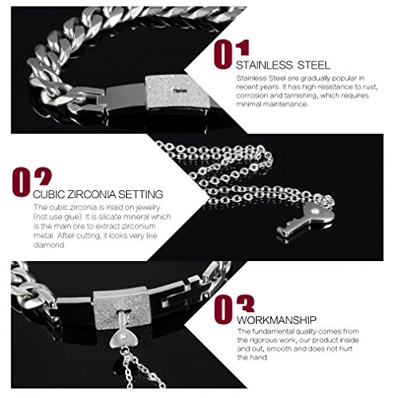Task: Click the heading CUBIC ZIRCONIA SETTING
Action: pyautogui.click(x=99, y=193)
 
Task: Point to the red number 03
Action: pyautogui.click(x=234, y=302)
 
